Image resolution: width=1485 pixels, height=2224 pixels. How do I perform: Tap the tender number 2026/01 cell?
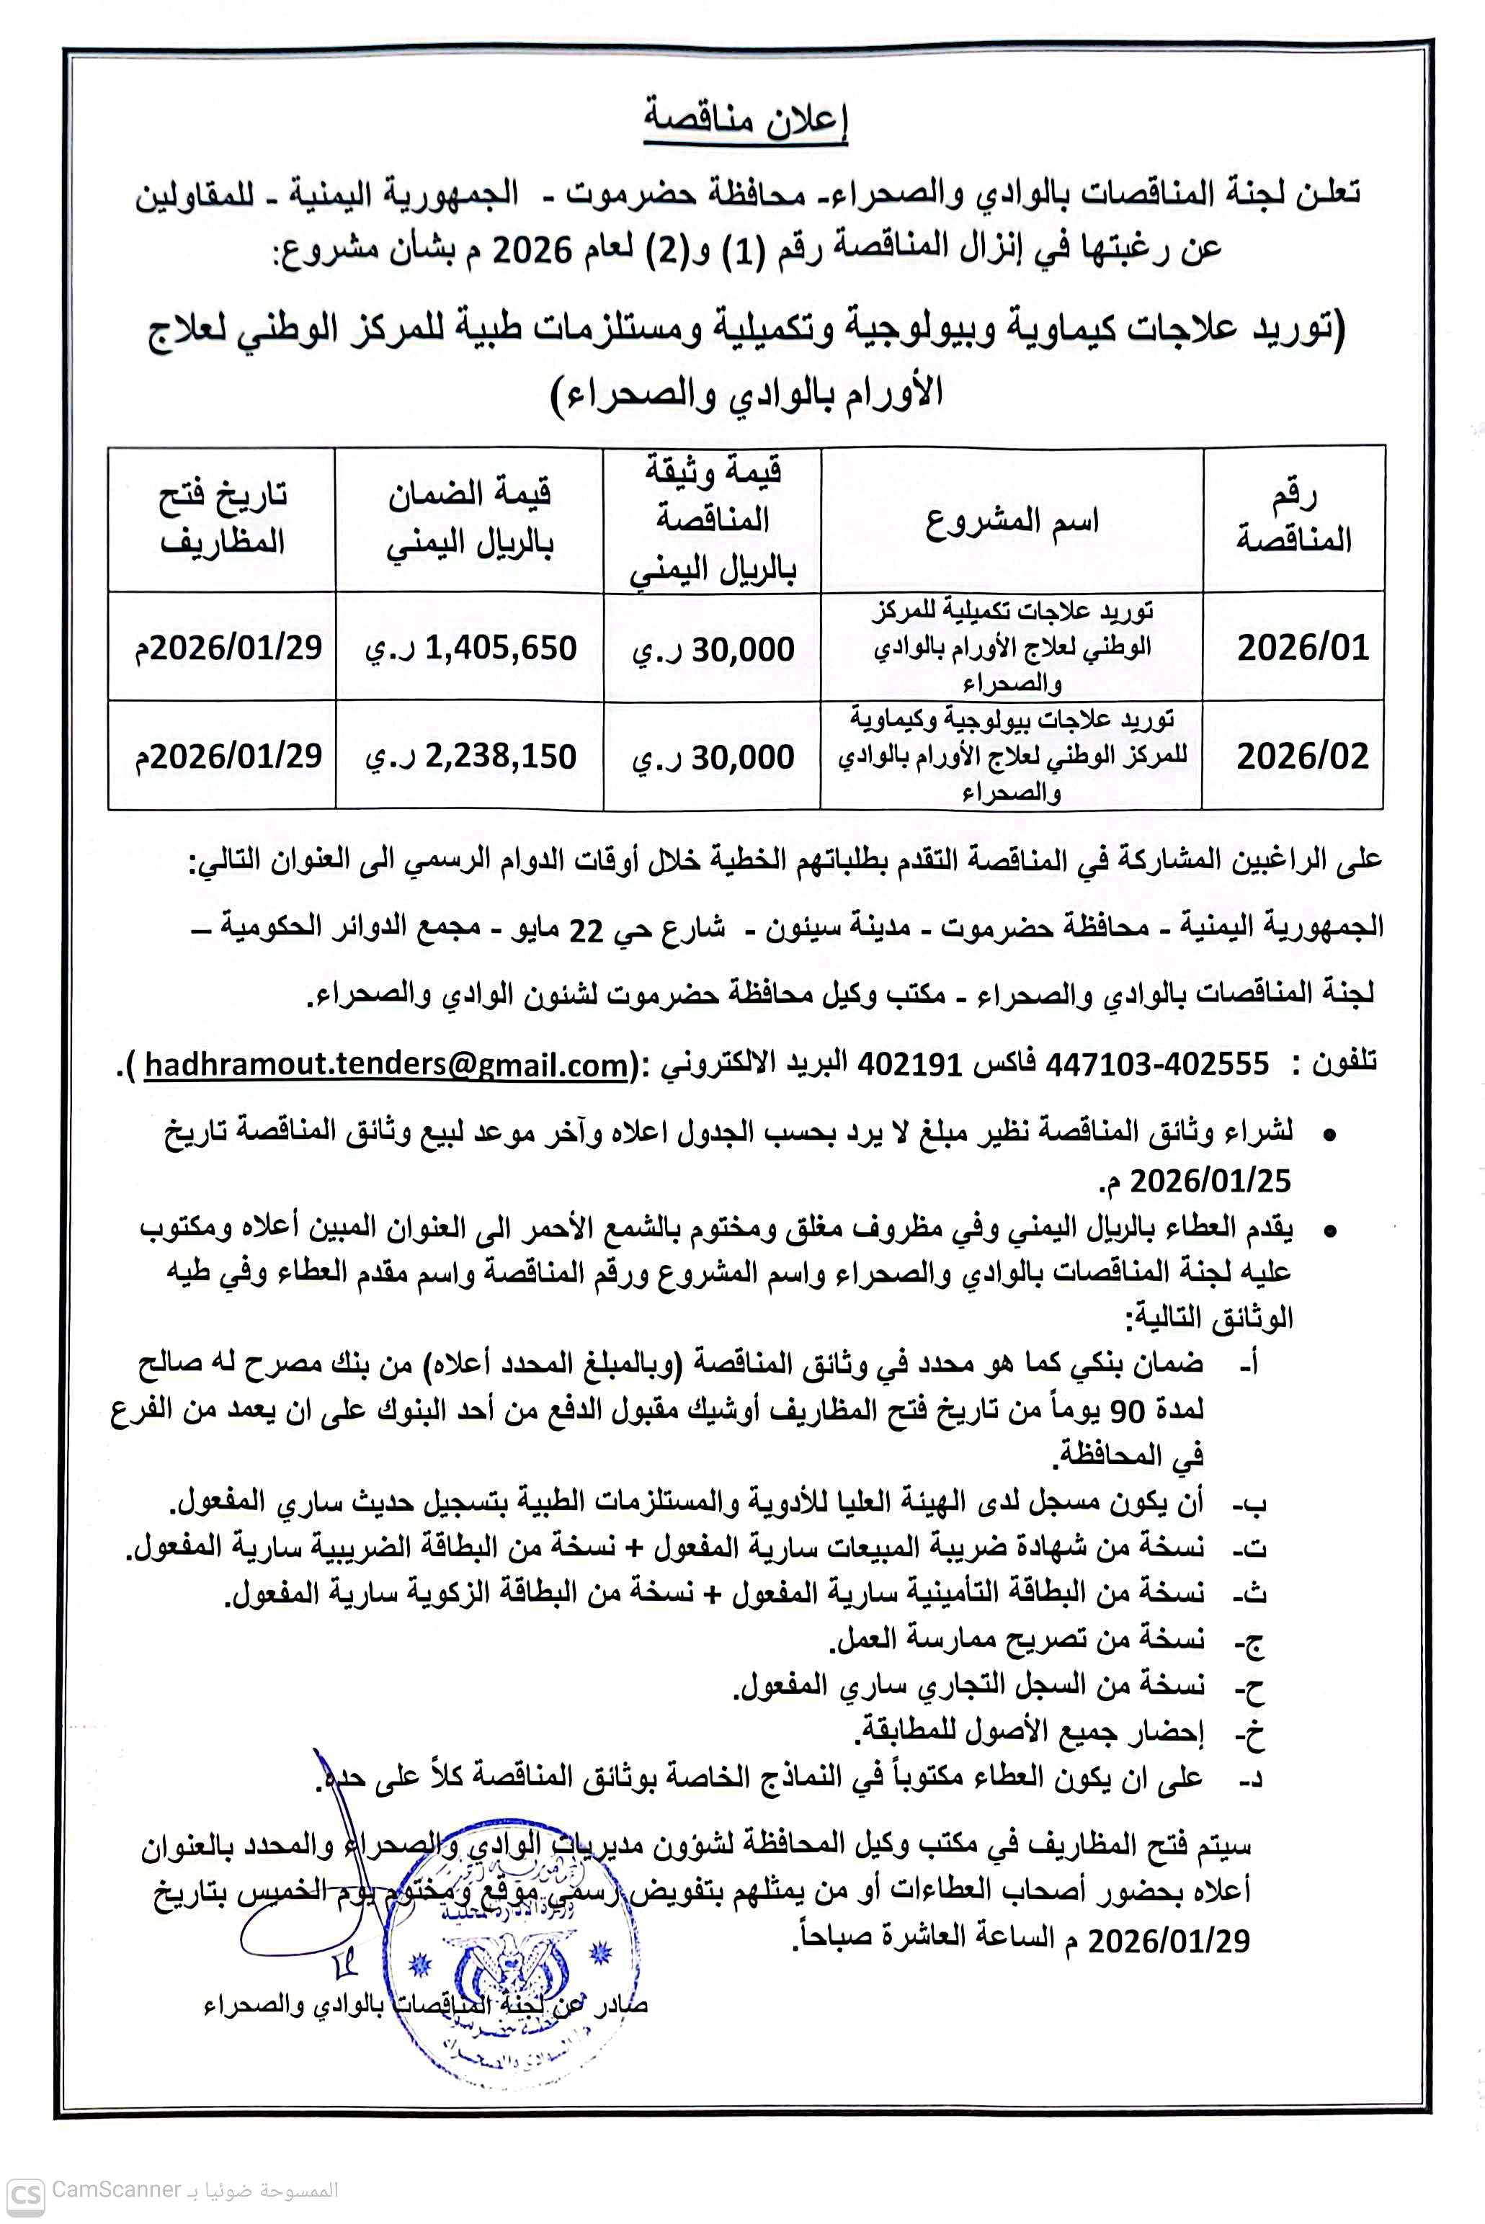(x=1302, y=648)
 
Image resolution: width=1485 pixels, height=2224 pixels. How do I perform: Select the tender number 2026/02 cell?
(x=1302, y=756)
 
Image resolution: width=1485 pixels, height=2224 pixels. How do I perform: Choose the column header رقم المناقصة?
(x=1293, y=519)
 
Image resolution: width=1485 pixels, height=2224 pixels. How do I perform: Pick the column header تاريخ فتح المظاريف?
(x=223, y=519)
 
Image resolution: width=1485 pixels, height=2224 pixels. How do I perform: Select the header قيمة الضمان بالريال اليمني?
(x=470, y=519)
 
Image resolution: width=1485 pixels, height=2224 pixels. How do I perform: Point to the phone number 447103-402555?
(x=1157, y=1065)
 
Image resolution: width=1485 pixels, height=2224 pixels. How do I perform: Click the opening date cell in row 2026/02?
(x=228, y=756)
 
